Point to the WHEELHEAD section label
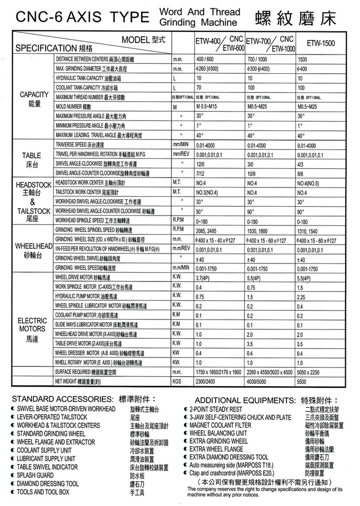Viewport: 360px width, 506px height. (33, 249)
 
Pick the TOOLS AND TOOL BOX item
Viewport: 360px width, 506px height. (42, 492)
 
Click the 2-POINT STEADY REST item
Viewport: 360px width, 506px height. (215, 410)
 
